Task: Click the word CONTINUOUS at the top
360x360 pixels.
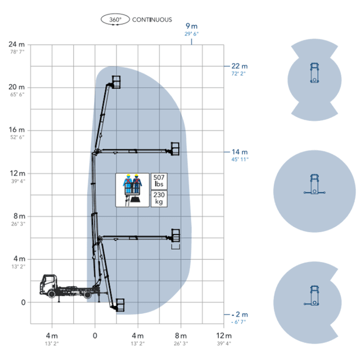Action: tap(152, 20)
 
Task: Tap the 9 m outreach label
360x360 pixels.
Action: tap(191, 26)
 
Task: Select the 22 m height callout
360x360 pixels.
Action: tap(240, 66)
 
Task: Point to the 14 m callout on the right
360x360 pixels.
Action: tap(240, 152)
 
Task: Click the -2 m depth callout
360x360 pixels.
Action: tap(240, 314)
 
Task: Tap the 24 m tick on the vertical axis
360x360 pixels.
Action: tap(16, 44)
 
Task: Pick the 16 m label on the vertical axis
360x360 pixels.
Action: tap(16, 130)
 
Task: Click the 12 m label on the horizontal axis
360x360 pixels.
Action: tap(224, 336)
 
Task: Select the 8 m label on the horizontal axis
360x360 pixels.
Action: tap(181, 336)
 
